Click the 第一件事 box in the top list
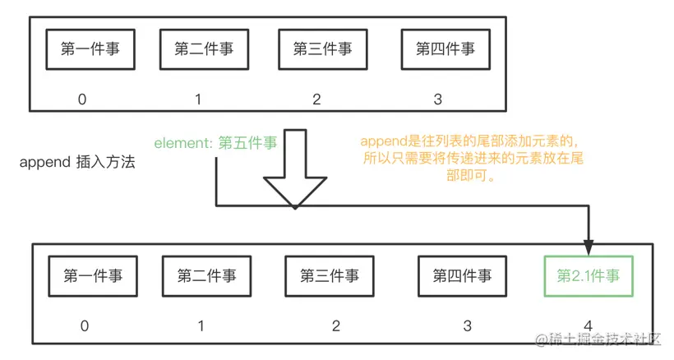tap(90, 49)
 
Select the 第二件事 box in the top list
tap(204, 49)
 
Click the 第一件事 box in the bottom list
tap(93, 276)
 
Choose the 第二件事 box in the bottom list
tap(206, 276)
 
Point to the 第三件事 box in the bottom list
tap(329, 276)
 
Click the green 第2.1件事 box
tap(589, 276)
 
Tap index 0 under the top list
tap(82, 99)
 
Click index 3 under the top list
tap(437, 99)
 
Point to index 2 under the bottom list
tap(336, 325)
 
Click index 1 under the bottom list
tap(201, 325)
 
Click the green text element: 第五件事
tap(215, 142)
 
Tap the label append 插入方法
tap(77, 163)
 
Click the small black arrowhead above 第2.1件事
tap(589, 246)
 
